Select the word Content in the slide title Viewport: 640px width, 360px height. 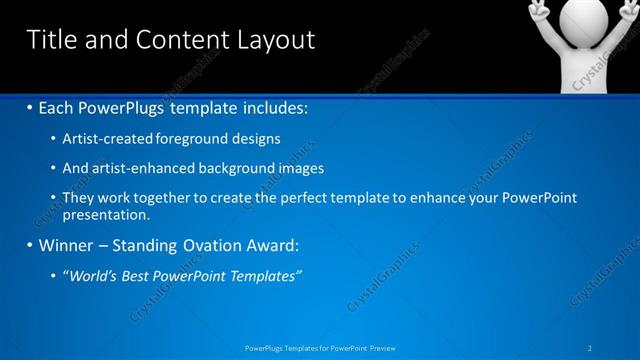169,39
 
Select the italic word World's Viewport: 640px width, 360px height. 95,276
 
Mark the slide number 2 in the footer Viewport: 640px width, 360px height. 591,347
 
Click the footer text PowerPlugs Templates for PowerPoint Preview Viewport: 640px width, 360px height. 319,347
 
